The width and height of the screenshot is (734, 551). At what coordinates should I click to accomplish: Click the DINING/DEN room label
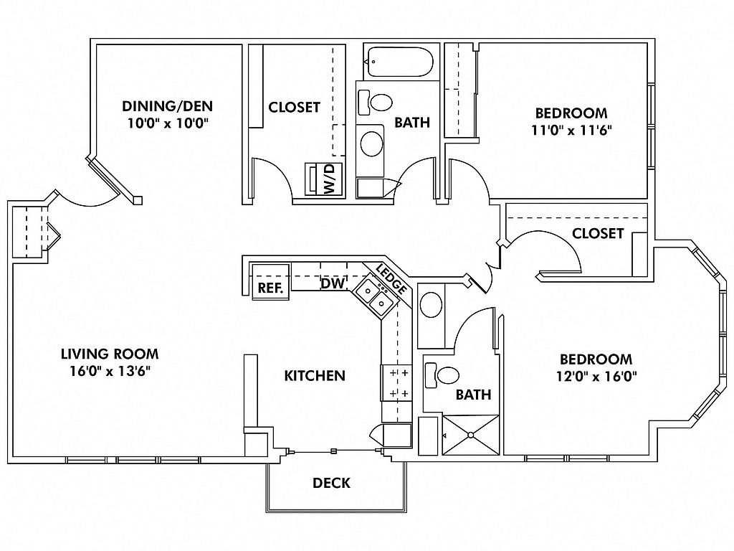[167, 106]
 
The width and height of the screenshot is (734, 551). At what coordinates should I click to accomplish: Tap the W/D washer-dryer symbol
[324, 179]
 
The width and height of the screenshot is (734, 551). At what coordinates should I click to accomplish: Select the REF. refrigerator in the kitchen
[270, 282]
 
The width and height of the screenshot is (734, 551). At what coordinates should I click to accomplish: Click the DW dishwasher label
[333, 283]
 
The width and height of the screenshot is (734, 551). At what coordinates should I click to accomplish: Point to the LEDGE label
[391, 281]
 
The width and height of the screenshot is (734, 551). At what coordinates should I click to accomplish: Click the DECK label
[331, 483]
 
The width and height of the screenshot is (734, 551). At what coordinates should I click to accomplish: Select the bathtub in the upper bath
[399, 62]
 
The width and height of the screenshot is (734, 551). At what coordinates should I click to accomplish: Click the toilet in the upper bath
[375, 102]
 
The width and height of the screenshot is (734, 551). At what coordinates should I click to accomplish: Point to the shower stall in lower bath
[471, 435]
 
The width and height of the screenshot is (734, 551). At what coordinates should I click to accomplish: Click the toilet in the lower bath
[442, 375]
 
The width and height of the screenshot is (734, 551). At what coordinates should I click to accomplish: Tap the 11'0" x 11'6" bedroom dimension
[571, 130]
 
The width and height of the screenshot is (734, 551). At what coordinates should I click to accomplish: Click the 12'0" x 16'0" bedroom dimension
[596, 376]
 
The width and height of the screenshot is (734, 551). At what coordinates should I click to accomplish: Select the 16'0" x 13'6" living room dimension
[110, 371]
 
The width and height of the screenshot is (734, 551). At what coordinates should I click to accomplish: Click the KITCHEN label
[315, 375]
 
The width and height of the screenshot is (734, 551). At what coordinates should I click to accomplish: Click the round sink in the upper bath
[372, 143]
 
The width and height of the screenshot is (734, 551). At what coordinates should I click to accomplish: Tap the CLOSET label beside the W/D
[294, 108]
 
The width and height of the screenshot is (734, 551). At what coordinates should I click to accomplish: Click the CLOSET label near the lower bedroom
[598, 233]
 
